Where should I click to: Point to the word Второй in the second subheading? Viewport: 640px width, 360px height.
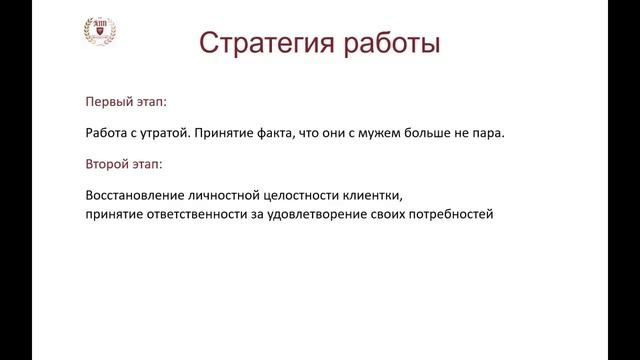107,163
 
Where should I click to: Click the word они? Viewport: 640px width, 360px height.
339,133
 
